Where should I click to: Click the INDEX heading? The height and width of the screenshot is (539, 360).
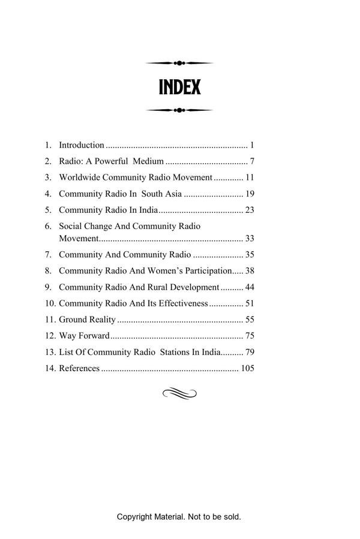[179, 88]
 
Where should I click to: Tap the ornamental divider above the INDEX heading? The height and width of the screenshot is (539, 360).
[179, 63]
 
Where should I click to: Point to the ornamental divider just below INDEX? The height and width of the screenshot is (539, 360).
[179, 110]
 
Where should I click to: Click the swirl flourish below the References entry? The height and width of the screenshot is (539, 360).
[179, 393]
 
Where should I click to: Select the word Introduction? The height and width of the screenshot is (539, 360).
[82, 145]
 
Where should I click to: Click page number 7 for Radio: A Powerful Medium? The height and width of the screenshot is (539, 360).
[253, 161]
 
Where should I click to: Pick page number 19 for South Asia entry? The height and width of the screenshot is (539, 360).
[250, 194]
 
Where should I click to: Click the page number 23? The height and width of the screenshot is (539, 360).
[250, 210]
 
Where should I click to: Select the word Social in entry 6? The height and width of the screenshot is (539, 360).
[70, 227]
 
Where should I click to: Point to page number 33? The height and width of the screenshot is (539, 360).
[250, 239]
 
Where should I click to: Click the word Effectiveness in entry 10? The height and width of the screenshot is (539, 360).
[178, 303]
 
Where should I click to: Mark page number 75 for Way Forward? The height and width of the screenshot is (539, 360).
[250, 336]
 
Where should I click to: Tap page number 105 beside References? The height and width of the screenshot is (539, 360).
[247, 368]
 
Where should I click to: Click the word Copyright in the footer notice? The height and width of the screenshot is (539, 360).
[134, 517]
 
